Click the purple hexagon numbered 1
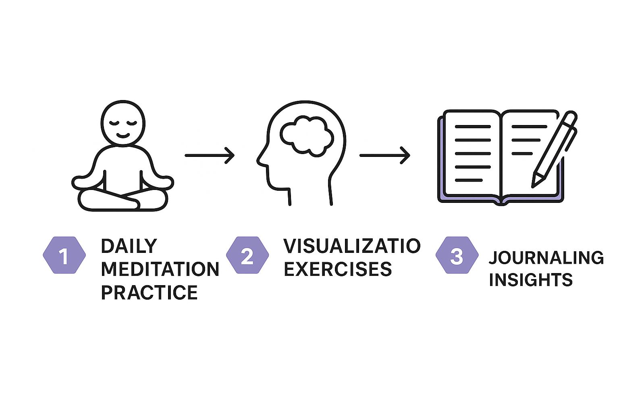point(64,255)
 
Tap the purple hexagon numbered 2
point(247,255)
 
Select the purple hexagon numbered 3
point(457,255)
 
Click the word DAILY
point(129,246)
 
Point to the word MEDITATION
point(160,269)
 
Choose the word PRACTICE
point(150,292)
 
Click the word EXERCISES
point(338,269)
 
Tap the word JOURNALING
point(546,258)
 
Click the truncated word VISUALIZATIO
point(352,246)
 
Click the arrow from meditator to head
point(210,155)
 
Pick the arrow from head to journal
point(385,155)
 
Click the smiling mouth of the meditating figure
point(123,136)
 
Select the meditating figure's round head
point(123,123)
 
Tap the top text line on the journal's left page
point(473,127)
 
